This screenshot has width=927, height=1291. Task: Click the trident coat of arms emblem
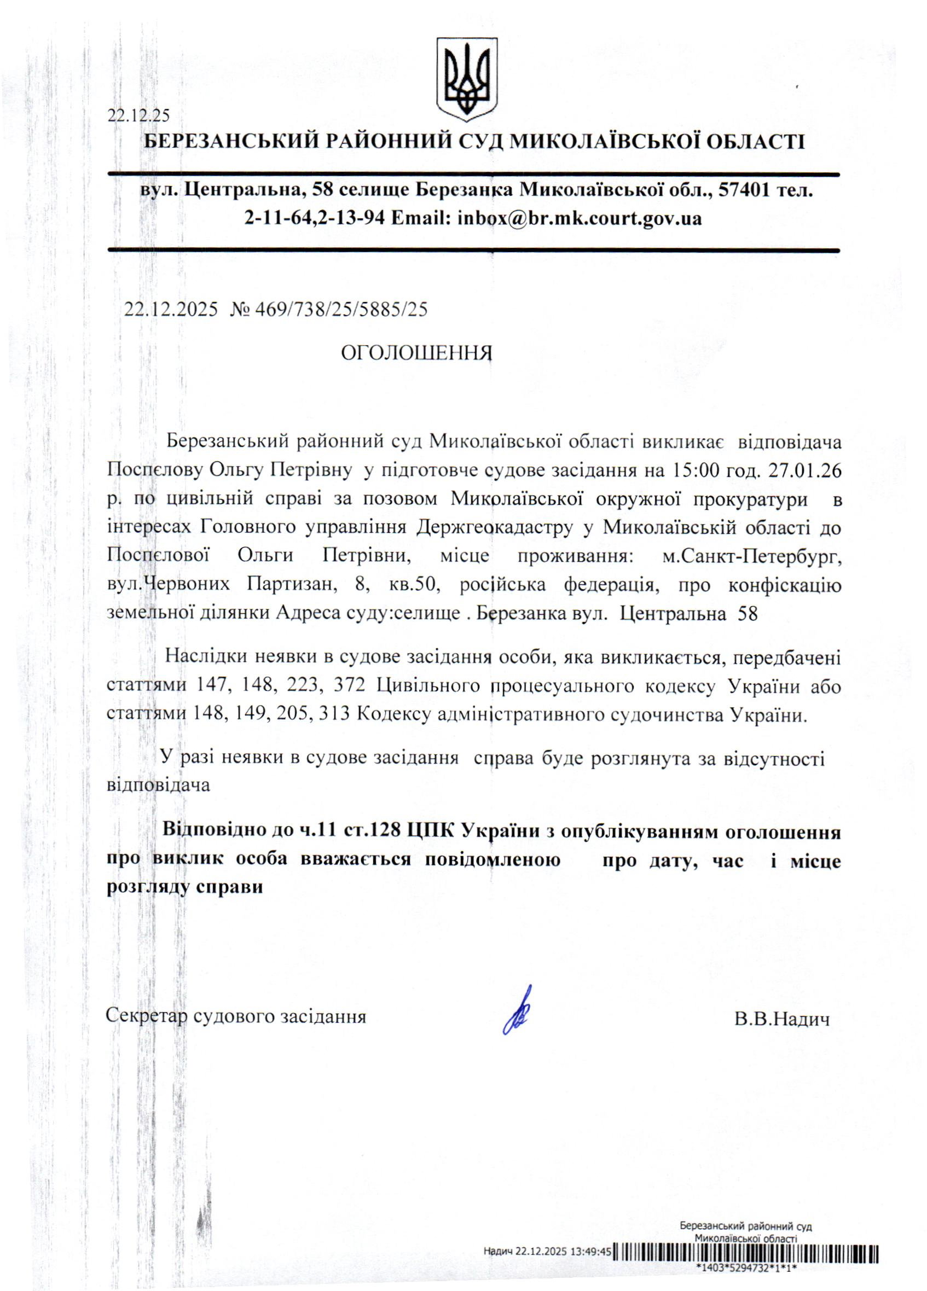coord(466,79)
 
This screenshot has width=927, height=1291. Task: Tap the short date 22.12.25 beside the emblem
coord(139,115)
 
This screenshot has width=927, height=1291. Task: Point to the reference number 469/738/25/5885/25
coord(341,310)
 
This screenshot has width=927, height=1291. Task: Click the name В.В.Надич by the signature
coord(781,1019)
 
